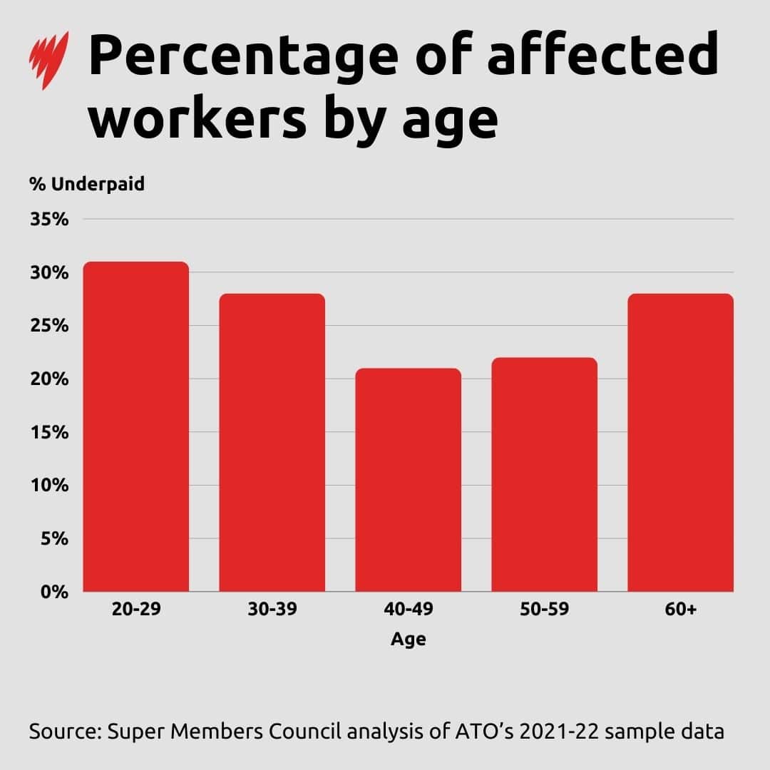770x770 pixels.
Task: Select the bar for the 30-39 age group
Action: pyautogui.click(x=272, y=442)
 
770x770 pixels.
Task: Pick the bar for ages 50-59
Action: pyautogui.click(x=544, y=474)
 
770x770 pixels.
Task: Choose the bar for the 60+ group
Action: pyautogui.click(x=680, y=442)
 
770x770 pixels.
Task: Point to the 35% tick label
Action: pyautogui.click(x=49, y=220)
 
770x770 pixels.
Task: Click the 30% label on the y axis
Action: pyautogui.click(x=49, y=273)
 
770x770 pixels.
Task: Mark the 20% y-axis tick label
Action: pyautogui.click(x=49, y=379)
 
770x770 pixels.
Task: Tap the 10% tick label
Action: pyautogui.click(x=49, y=486)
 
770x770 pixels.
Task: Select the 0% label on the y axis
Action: pyautogui.click(x=54, y=592)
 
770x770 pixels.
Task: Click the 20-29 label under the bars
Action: pyautogui.click(x=135, y=610)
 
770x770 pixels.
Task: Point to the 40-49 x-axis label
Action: pyautogui.click(x=408, y=610)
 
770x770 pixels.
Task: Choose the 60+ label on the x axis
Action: pyautogui.click(x=680, y=610)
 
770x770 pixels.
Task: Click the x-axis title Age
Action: pyautogui.click(x=408, y=640)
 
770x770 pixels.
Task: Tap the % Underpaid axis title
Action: pyautogui.click(x=87, y=184)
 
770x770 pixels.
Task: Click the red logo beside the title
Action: pyautogui.click(x=49, y=60)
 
